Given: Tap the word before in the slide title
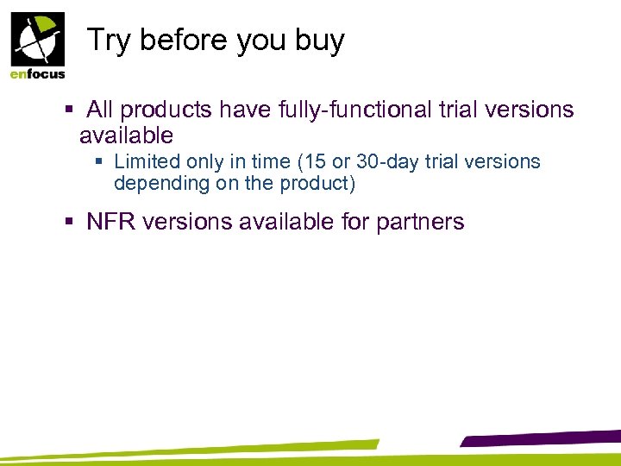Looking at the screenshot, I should point(179,41).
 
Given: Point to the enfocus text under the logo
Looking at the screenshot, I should point(37,74).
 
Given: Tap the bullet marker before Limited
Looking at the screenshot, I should point(101,161).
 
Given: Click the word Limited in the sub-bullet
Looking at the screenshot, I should point(145,161).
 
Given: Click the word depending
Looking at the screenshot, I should point(154,183).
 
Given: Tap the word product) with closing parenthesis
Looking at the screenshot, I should point(323,183).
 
